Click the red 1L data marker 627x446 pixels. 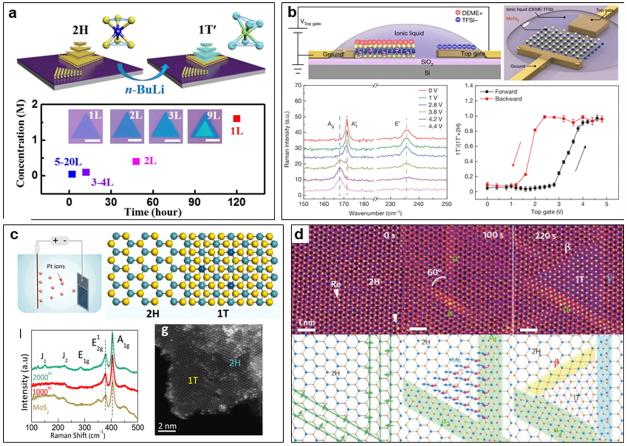click(237, 119)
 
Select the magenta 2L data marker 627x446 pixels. click(136, 162)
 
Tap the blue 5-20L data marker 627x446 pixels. click(72, 174)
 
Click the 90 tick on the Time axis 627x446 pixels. click(194, 202)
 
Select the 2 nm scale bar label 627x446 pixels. click(167, 426)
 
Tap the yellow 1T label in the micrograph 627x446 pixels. click(193, 380)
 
